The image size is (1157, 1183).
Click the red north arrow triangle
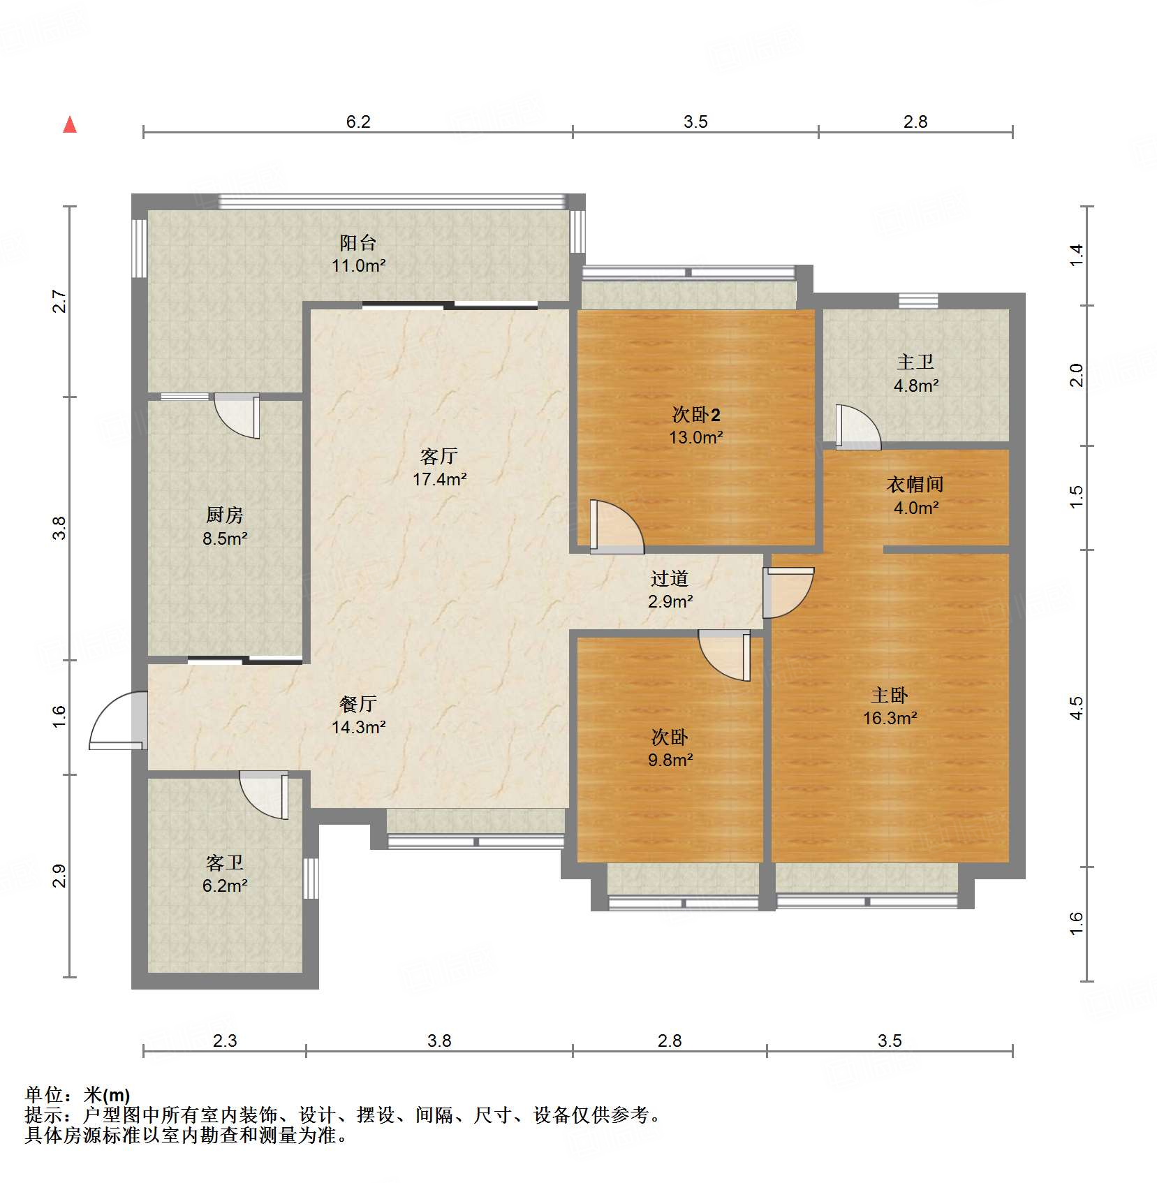pyautogui.click(x=70, y=124)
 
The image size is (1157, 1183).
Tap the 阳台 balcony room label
pyautogui.click(x=358, y=243)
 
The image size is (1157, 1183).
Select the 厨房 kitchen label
pyautogui.click(x=225, y=515)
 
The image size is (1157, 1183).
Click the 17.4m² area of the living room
pyautogui.click(x=439, y=479)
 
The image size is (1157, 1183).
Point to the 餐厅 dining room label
pyautogui.click(x=358, y=704)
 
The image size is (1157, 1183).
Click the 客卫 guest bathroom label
pyautogui.click(x=225, y=863)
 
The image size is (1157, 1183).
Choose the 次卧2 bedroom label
pyautogui.click(x=696, y=415)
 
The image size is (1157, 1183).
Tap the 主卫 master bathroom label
pyautogui.click(x=915, y=362)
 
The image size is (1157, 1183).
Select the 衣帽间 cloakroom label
pyautogui.click(x=915, y=485)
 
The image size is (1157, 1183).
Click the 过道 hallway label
pyautogui.click(x=670, y=578)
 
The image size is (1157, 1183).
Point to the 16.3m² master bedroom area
pyautogui.click(x=890, y=718)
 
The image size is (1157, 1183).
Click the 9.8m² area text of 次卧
pyautogui.click(x=670, y=760)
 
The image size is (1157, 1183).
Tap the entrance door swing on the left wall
pyautogui.click(x=117, y=721)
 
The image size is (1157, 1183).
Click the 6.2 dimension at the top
pyautogui.click(x=358, y=122)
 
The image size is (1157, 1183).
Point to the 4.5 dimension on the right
pyautogui.click(x=1077, y=708)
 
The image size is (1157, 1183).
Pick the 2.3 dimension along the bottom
pyautogui.click(x=225, y=1041)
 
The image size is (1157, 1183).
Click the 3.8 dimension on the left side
pyautogui.click(x=60, y=528)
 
